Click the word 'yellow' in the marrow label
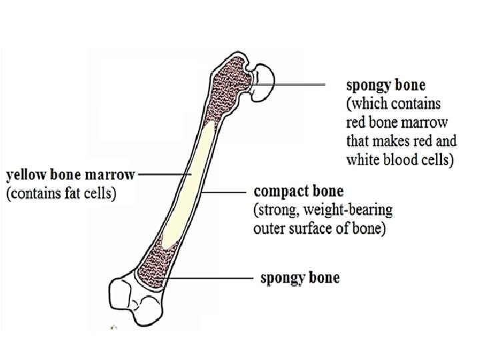[25, 176]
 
